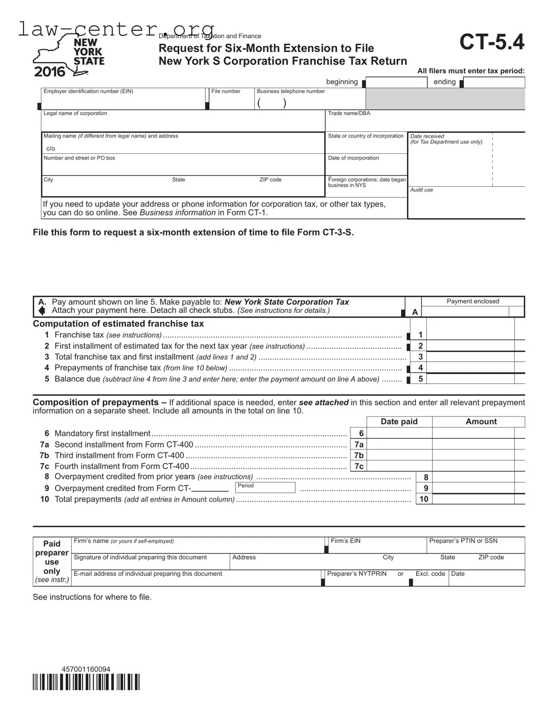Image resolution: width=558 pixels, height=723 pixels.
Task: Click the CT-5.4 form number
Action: (x=491, y=42)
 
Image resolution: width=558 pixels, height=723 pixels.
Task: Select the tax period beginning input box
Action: (x=397, y=83)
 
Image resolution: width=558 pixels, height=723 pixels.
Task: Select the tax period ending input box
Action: (x=494, y=83)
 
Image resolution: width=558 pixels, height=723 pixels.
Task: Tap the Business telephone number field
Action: (x=310, y=102)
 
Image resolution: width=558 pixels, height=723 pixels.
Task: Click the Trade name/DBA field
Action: (x=424, y=123)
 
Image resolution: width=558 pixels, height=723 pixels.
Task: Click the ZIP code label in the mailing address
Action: (x=270, y=180)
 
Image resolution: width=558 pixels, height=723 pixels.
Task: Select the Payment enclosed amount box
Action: (x=465, y=312)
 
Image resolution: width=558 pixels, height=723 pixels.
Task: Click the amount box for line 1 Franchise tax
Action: (x=470, y=335)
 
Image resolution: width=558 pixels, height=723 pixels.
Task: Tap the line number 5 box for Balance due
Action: (x=420, y=379)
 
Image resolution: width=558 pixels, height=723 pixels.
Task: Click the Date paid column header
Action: (x=399, y=421)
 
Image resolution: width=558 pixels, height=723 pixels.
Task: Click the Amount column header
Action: (x=481, y=421)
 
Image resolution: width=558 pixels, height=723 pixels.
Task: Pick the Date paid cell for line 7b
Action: (x=399, y=455)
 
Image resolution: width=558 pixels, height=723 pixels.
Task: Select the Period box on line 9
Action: (x=265, y=488)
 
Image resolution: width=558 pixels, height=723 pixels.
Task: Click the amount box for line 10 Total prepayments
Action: (x=473, y=499)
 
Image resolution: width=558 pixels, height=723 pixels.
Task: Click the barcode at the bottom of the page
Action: (x=86, y=682)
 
